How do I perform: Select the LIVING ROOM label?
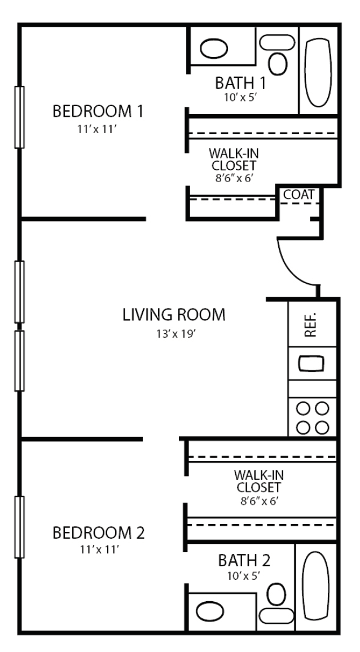174,315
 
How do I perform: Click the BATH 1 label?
240,83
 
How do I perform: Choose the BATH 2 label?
244,561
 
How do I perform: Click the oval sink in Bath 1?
214,46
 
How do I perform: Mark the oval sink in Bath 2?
210,611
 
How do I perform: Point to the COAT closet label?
298,195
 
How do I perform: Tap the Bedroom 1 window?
20,117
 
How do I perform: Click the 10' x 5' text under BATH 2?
244,577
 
